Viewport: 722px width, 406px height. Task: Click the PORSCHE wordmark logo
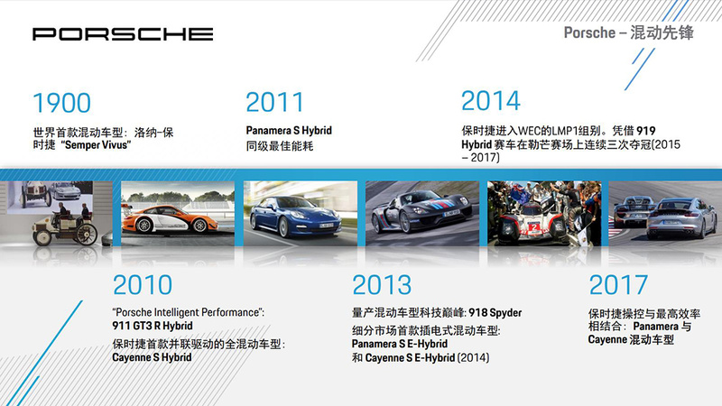click(x=123, y=34)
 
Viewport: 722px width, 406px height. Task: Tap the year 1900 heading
click(x=61, y=103)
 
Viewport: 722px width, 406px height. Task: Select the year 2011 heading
click(x=275, y=102)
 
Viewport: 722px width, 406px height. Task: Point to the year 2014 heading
click(x=490, y=101)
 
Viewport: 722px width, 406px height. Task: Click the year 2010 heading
click(x=143, y=285)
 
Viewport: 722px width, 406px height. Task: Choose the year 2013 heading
click(x=382, y=285)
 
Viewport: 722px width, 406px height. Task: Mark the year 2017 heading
click(x=618, y=285)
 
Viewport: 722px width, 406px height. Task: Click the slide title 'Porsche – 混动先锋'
click(x=628, y=32)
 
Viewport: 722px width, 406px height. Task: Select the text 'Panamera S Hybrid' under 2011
click(x=289, y=131)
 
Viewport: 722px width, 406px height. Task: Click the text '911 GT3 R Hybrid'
click(x=153, y=326)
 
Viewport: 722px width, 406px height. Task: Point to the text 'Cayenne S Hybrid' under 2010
click(x=152, y=357)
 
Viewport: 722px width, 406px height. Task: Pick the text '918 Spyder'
click(x=495, y=313)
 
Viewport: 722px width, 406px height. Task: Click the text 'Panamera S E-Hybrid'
click(x=400, y=344)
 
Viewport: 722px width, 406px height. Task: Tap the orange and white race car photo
click(x=178, y=213)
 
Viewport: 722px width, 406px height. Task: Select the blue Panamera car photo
click(x=301, y=213)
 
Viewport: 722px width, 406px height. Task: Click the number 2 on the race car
click(x=533, y=228)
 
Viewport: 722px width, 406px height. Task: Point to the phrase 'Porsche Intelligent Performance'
click(x=188, y=312)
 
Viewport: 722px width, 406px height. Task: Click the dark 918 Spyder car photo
click(x=422, y=213)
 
